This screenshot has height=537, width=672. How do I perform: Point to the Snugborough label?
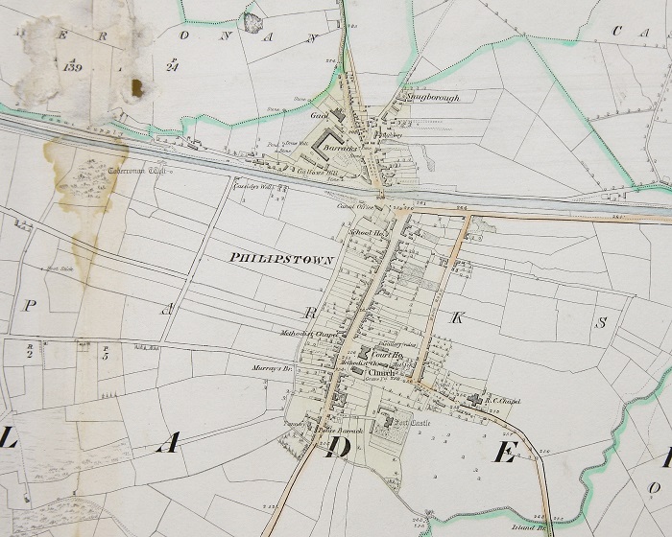pos(432,98)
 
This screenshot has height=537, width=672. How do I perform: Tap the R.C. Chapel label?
pos(503,400)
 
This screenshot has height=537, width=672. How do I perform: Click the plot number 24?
pos(172,66)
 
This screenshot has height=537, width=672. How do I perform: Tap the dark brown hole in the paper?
pos(136,88)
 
